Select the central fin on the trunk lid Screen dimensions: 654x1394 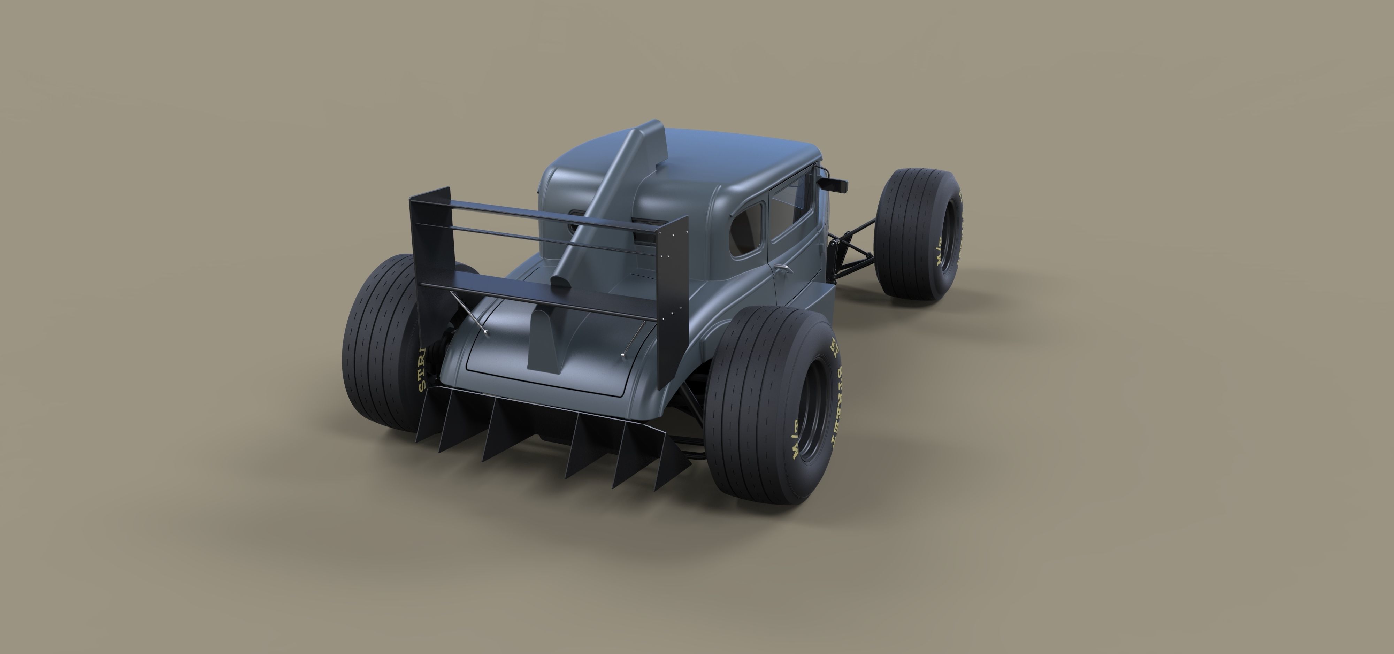click(x=547, y=341)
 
